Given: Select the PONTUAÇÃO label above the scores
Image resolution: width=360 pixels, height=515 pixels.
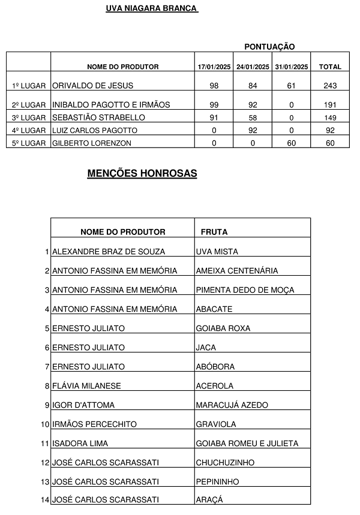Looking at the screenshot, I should point(269,47).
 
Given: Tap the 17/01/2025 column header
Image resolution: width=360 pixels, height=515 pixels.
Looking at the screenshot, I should point(214,67).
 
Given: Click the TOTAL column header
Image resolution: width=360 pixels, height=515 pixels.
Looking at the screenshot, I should point(330,67).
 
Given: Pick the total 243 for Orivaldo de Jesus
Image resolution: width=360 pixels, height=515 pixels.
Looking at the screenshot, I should point(330,86).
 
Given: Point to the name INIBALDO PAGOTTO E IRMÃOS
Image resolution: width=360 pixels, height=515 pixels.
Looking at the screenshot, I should point(111,105).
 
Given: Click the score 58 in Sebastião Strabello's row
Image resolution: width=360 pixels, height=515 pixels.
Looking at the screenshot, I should point(253,118).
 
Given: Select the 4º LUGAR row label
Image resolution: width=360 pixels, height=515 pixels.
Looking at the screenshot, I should point(29,131).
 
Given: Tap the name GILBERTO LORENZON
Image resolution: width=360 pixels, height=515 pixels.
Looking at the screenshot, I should point(92,143).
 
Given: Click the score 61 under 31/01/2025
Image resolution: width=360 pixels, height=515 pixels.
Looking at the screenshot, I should point(291,86).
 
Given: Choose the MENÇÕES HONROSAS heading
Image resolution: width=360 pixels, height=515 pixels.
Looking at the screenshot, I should point(142,174).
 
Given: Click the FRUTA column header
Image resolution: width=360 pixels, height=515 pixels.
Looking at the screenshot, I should point(214,232).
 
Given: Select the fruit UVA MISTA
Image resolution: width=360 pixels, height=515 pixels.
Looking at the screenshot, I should point(217,252).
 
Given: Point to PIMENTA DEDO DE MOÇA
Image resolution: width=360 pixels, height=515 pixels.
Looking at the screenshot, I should point(245,290).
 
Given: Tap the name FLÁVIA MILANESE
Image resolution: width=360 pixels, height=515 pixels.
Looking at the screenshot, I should point(86,386).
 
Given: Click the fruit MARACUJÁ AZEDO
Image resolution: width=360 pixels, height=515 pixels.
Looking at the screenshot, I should point(232,405).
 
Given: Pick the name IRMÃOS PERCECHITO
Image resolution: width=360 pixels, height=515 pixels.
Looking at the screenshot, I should point(94,424).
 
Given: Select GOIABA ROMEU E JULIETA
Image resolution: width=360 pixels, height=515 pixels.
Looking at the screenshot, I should point(247,444).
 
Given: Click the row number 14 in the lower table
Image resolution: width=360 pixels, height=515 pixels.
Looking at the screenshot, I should point(45,499).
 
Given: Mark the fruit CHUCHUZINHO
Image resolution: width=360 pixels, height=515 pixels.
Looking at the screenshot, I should point(225,463).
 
